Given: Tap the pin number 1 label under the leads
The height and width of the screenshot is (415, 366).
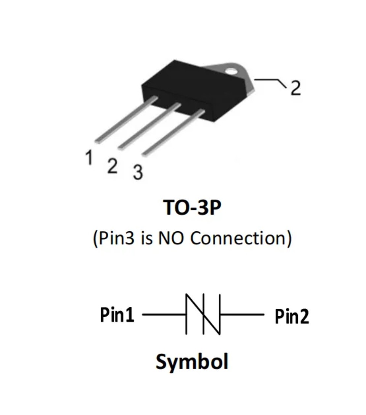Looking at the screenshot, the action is [89, 157].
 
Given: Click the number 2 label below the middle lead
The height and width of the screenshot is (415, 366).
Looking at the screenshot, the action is [112, 166].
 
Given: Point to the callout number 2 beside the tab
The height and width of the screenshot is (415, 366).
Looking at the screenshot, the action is [296, 88].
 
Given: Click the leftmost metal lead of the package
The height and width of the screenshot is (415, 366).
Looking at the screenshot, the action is [126, 120].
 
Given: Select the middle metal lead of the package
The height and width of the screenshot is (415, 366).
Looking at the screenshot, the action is [149, 126].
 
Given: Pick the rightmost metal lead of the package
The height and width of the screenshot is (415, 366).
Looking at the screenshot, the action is [173, 132].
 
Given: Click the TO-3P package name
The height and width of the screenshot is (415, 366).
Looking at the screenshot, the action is [192, 207].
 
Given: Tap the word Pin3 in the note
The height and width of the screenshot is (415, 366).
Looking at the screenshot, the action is [116, 238].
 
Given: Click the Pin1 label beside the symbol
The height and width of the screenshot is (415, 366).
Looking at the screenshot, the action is [117, 315].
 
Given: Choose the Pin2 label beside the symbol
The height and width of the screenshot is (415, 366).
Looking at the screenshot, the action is [292, 316].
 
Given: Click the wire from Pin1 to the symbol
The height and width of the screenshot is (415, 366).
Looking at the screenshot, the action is [164, 314].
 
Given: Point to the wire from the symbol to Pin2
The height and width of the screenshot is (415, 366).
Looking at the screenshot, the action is [242, 314].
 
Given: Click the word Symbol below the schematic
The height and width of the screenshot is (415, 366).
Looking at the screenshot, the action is [192, 362].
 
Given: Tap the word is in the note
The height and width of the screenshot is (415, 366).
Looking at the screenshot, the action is [147, 238].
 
